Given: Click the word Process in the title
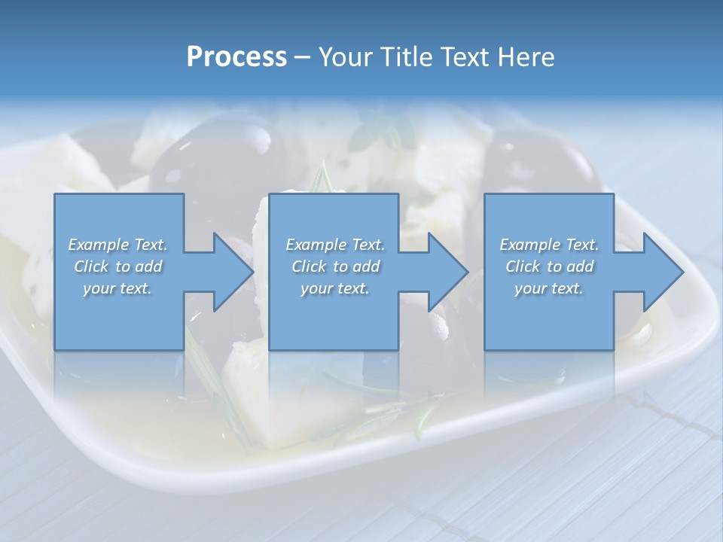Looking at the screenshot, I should pos(236,57).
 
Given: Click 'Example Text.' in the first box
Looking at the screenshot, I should pos(117,245).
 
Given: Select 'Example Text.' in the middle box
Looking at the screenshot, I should pos(335,245).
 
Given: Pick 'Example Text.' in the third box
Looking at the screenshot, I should pos(549,245).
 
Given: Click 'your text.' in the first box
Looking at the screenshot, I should pos(117,288).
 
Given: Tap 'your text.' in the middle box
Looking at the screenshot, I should pos(335,288).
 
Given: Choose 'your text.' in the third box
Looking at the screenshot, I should pos(549,288).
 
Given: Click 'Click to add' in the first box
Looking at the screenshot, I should pos(117,266).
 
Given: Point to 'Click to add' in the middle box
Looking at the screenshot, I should pos(335,266).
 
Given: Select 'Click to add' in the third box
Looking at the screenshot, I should pos(549,266).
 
